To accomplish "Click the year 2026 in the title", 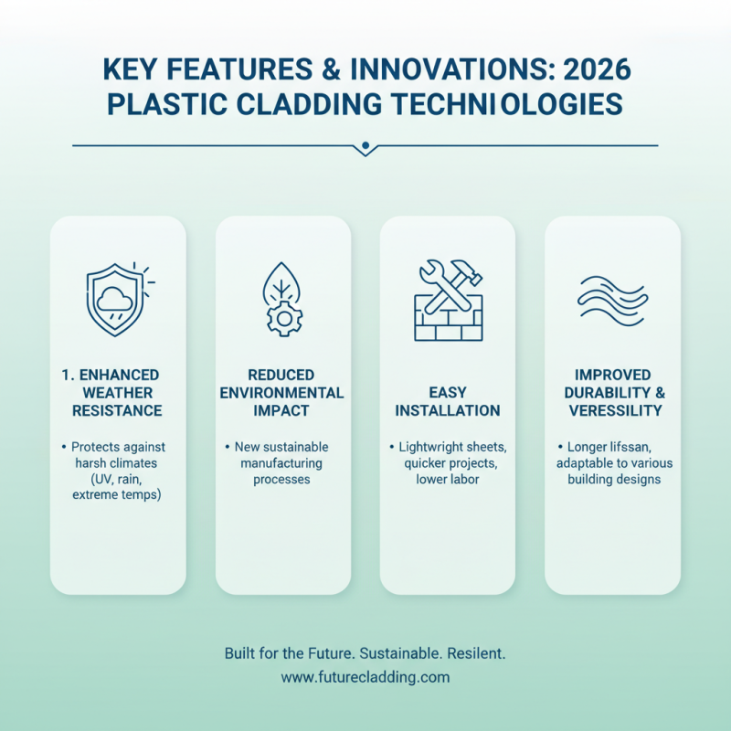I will (x=591, y=71).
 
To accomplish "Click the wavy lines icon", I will (x=612, y=297).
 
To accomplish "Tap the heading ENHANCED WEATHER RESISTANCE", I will (x=118, y=393).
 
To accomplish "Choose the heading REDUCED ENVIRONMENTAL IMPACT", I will (x=282, y=393).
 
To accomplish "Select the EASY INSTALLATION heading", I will (x=448, y=401).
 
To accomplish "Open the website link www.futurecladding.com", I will (x=365, y=678).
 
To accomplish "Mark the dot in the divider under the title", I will (x=365, y=145).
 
